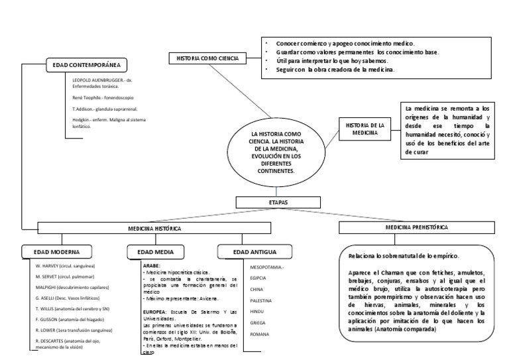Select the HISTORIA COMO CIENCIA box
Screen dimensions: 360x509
207,59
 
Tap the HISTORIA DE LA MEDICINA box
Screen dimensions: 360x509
361,129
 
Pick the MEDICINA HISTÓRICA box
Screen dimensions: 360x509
154,227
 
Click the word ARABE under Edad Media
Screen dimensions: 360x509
151,264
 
